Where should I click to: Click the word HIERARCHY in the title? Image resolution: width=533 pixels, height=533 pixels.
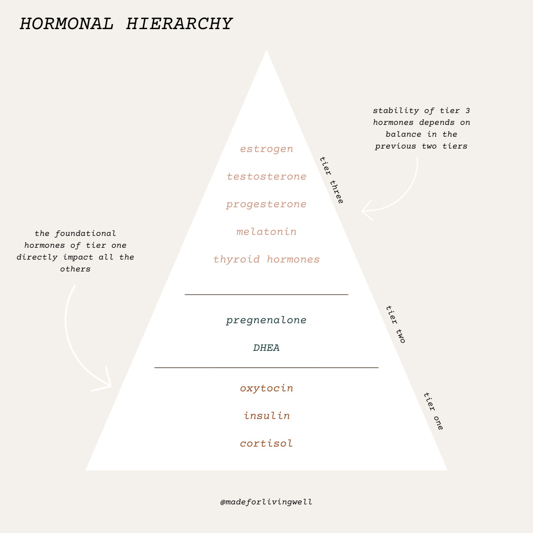(179, 24)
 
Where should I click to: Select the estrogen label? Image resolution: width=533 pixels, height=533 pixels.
(266, 149)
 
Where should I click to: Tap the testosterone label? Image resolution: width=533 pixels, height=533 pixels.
(266, 177)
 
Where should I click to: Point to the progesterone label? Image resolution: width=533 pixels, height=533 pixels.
(266, 204)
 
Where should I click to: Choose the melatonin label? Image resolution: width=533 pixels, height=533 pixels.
(266, 232)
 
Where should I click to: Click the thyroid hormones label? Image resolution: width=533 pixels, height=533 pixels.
(266, 260)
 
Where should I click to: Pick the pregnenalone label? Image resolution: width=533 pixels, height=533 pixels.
(266, 320)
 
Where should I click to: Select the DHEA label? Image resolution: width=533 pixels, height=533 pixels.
(266, 348)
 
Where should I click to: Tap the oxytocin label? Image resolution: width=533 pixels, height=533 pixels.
(266, 388)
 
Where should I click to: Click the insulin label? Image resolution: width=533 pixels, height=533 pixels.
(266, 416)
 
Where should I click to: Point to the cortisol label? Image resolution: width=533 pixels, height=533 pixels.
(266, 444)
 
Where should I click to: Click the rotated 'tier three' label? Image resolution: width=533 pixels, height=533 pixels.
(331, 180)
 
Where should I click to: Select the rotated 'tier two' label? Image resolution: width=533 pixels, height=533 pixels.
(395, 324)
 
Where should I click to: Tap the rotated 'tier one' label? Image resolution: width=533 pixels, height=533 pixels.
(433, 411)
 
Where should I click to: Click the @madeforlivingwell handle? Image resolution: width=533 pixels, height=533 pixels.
(266, 502)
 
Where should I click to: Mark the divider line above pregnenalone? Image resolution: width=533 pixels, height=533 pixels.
(266, 295)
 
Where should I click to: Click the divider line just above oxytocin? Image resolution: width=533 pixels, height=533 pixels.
(266, 368)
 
